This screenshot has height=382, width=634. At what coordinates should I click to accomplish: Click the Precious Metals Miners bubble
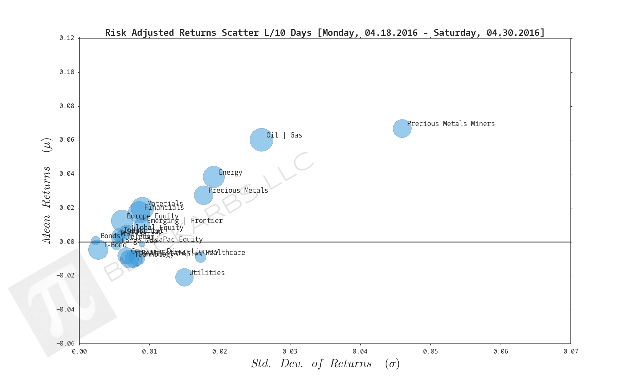pyautogui.click(x=402, y=128)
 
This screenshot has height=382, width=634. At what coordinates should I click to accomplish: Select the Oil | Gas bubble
pyautogui.click(x=261, y=140)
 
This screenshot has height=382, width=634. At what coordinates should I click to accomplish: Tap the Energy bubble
pyautogui.click(x=214, y=177)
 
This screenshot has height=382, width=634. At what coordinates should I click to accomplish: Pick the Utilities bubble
pyautogui.click(x=184, y=277)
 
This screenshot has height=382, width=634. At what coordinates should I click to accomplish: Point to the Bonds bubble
pyautogui.click(x=96, y=240)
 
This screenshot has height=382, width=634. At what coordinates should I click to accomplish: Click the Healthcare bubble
pyautogui.click(x=200, y=257)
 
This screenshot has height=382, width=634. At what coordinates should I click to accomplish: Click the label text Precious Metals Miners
pyautogui.click(x=451, y=124)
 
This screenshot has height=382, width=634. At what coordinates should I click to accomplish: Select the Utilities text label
pyautogui.click(x=207, y=273)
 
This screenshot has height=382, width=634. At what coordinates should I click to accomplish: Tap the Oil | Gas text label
pyautogui.click(x=284, y=135)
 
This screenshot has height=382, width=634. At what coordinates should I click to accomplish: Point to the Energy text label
pyautogui.click(x=230, y=172)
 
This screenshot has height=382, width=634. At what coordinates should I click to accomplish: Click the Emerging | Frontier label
pyautogui.click(x=184, y=221)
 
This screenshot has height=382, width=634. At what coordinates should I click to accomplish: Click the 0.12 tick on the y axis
pyautogui.click(x=67, y=38)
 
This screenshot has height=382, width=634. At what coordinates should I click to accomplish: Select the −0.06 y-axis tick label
pyautogui.click(x=65, y=343)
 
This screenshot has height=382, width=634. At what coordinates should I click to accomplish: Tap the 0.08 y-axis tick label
pyautogui.click(x=67, y=106)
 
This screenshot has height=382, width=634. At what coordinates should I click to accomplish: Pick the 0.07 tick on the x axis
pyautogui.click(x=570, y=351)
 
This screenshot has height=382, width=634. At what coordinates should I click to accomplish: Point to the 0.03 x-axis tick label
pyautogui.click(x=290, y=351)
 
